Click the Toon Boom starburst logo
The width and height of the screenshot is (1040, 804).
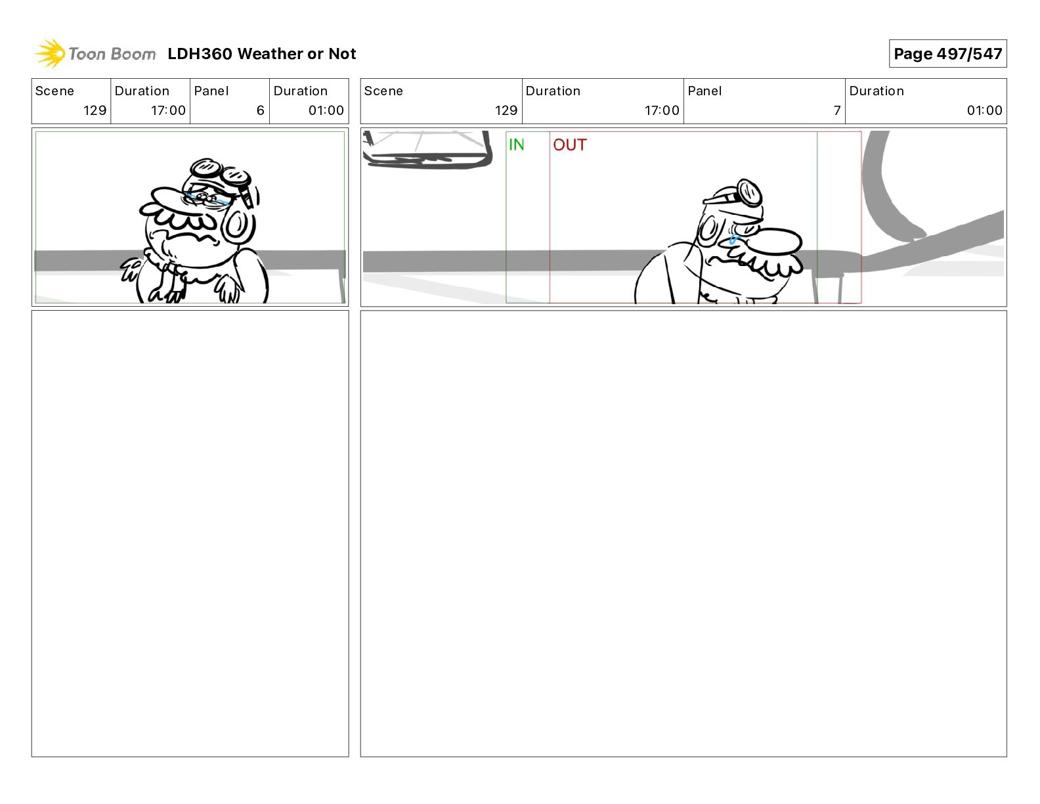pos(50,53)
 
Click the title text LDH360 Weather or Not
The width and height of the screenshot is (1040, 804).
pos(262,54)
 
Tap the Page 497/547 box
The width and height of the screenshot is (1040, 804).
pos(947,54)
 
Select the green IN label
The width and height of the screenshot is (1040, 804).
pos(517,145)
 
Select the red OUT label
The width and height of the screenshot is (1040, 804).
pos(569,145)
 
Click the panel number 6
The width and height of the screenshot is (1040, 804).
pos(261,110)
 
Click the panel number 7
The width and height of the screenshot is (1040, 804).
pos(837,110)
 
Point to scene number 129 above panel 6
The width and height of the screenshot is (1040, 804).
pos(95,110)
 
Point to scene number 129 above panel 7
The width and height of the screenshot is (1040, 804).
pos(506,110)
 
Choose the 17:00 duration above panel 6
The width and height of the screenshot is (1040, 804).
pos(169,110)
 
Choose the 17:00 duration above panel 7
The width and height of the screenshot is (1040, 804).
pos(662,110)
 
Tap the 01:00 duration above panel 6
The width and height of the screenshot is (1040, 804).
pos(326,110)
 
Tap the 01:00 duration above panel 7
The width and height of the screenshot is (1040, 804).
pos(984,110)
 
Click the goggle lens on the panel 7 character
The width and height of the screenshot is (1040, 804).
pos(750,194)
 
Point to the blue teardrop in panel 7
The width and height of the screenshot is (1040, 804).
pos(733,240)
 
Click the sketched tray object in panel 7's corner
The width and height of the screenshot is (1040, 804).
pos(427,149)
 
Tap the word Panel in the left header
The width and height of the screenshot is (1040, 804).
pos(211,91)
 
